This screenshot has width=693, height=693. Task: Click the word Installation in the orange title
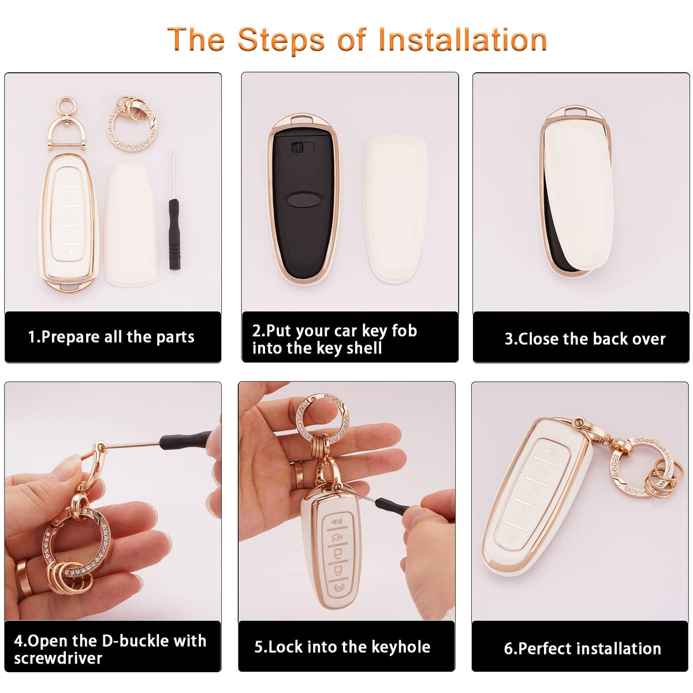[463, 40]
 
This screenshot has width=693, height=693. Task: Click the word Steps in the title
[281, 41]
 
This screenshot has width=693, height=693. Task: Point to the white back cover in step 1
[131, 224]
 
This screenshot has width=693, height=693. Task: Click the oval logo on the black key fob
[303, 200]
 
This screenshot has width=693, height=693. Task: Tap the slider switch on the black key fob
[302, 147]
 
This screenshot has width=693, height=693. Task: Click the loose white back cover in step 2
[396, 208]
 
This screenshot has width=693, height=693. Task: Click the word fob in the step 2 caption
[404, 330]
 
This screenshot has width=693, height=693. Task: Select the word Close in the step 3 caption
[539, 339]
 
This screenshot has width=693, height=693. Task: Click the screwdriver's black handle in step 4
[185, 440]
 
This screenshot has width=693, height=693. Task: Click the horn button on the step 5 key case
[337, 521]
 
